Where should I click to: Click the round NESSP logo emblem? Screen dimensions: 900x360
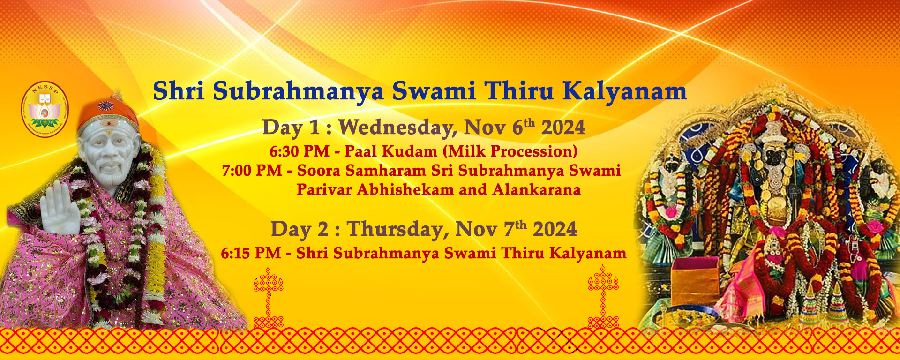(45, 109)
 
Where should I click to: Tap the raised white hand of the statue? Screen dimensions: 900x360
(60, 208)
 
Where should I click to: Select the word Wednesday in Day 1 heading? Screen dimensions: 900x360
(398, 127)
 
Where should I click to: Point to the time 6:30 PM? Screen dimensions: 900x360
(300, 151)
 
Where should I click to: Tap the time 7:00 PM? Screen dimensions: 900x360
(252, 171)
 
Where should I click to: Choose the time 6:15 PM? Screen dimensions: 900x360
(251, 253)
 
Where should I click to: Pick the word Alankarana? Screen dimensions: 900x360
(537, 190)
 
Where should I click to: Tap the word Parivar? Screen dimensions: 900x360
(324, 190)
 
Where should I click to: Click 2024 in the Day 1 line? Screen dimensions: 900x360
(563, 127)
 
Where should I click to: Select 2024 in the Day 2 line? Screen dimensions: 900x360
(555, 229)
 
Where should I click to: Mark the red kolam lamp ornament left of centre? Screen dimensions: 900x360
(269, 297)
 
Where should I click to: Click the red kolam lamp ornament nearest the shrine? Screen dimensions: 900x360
(603, 297)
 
